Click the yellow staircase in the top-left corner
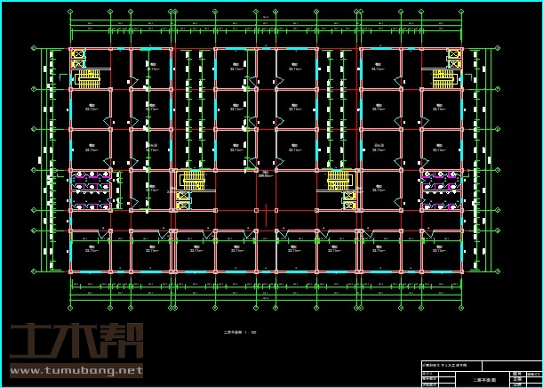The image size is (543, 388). pyautogui.click(x=89, y=78)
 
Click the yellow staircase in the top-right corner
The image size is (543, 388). pyautogui.click(x=443, y=78)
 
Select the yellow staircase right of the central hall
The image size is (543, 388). pyautogui.click(x=339, y=182)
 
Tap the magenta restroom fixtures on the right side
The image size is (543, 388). pyautogui.click(x=441, y=182)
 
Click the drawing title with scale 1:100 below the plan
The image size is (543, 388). pyautogui.click(x=240, y=333)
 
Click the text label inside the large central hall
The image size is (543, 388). pyautogui.click(x=264, y=174)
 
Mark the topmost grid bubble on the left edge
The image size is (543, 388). pyautogui.click(x=35, y=48)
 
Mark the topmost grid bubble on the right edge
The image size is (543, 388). pyautogui.click(x=497, y=48)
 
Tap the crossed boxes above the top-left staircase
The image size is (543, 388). pyautogui.click(x=77, y=58)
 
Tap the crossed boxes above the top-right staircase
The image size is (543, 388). pyautogui.click(x=453, y=58)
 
